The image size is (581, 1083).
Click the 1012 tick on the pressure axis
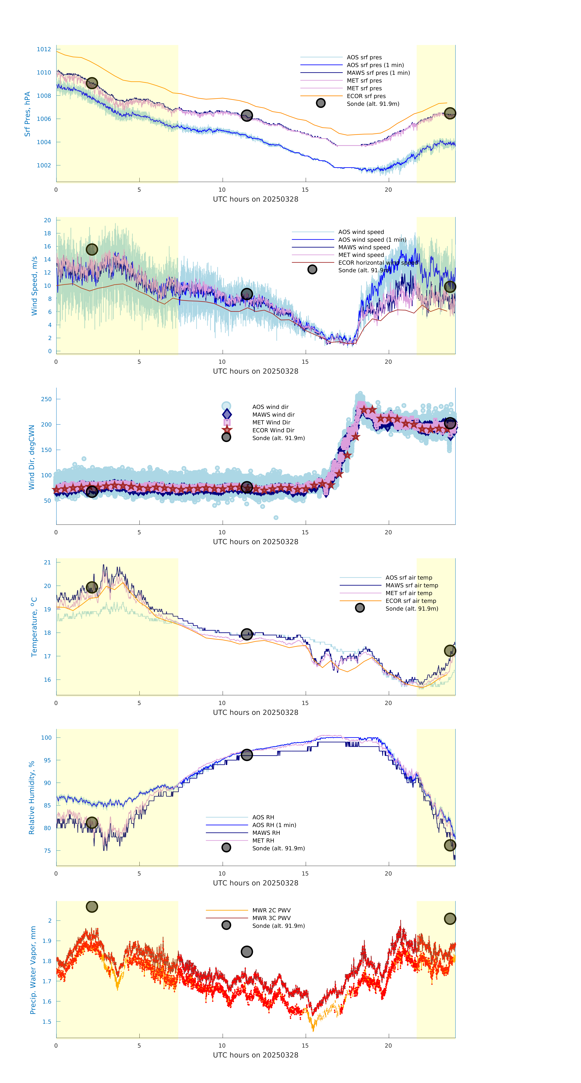44,49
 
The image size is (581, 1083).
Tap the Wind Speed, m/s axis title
34,286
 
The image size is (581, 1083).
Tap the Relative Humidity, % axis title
31,798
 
